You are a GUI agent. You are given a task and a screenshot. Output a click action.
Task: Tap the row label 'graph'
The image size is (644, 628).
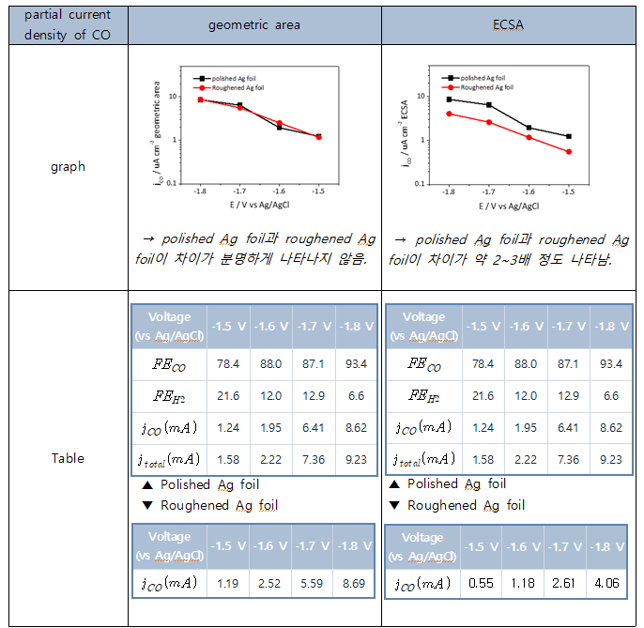[x=68, y=167]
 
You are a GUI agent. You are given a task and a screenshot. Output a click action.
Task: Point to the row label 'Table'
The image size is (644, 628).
[x=68, y=458]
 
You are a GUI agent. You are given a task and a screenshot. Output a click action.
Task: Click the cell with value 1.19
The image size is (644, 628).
[x=222, y=582]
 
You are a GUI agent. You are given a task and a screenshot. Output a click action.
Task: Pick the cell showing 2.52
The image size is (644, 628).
[x=268, y=582]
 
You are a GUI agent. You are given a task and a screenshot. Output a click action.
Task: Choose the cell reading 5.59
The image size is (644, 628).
[x=311, y=582]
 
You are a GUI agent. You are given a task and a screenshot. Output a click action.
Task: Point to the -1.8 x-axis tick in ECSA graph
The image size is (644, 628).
[x=449, y=191]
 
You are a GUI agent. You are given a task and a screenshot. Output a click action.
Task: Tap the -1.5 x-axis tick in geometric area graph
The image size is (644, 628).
[x=318, y=191]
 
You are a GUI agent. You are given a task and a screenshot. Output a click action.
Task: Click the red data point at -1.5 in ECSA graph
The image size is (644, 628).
[x=568, y=151]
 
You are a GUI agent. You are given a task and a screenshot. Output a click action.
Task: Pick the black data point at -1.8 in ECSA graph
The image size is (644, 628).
[x=450, y=99]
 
